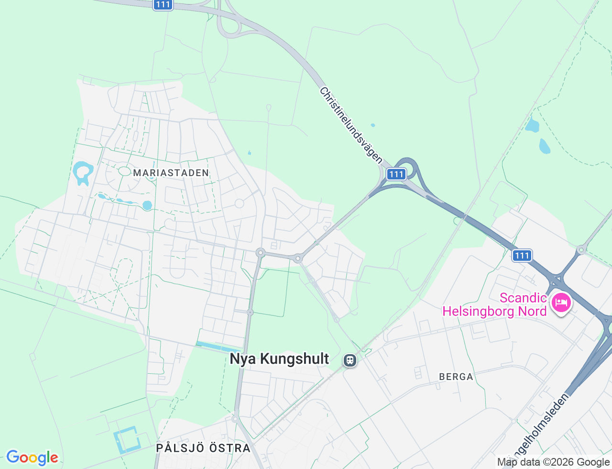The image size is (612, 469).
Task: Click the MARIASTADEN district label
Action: pos(171,173)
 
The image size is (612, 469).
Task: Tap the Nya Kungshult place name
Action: pos(279,359)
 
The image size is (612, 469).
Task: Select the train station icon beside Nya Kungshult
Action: pos(350,360)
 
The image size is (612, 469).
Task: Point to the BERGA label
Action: pos(456,377)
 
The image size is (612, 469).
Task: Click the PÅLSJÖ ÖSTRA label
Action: pos(203,448)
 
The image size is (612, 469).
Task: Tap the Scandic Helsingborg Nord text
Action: pos(494,305)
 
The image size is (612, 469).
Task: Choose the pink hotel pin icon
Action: pos(561,303)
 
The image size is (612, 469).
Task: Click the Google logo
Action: pos(32,458)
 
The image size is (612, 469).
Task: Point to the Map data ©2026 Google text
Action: pos(553,462)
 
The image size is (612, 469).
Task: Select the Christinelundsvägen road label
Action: pos(351,125)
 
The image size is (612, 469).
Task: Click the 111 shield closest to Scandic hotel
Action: pos(522,256)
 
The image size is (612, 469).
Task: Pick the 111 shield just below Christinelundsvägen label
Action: pos(396,174)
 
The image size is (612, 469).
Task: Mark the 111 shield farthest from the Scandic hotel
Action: pos(163,4)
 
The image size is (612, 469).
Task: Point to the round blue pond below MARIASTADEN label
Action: pos(147,205)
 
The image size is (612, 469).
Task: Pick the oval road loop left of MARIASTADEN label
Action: pos(124,171)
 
